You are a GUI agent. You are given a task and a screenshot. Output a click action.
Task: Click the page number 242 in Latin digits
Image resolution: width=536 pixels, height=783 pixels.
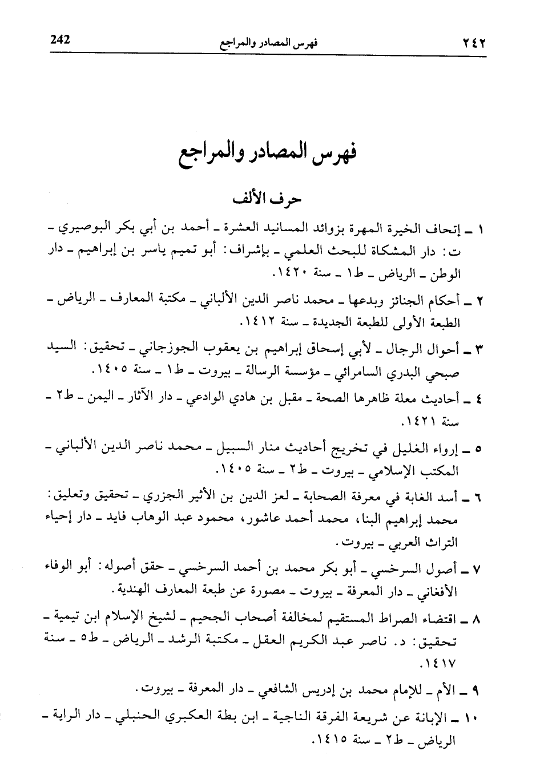(60, 40)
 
